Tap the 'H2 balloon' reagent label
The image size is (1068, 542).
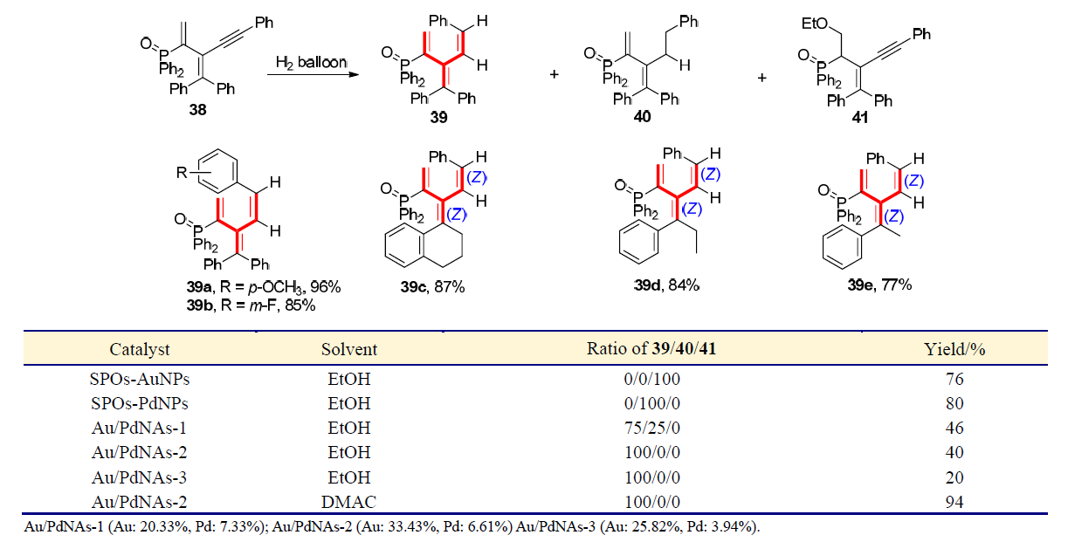312,63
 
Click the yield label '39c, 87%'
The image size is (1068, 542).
447,285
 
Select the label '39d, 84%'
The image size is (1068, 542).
669,285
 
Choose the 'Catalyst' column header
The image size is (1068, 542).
140,349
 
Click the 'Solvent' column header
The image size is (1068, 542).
349,349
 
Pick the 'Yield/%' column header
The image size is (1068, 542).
954,349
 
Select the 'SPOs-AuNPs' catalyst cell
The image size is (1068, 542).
140,379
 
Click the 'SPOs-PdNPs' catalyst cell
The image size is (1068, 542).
140,403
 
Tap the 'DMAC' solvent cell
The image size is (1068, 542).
349,501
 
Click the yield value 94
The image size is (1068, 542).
954,501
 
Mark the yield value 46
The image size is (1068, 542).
954,428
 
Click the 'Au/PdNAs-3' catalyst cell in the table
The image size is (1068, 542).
140,477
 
